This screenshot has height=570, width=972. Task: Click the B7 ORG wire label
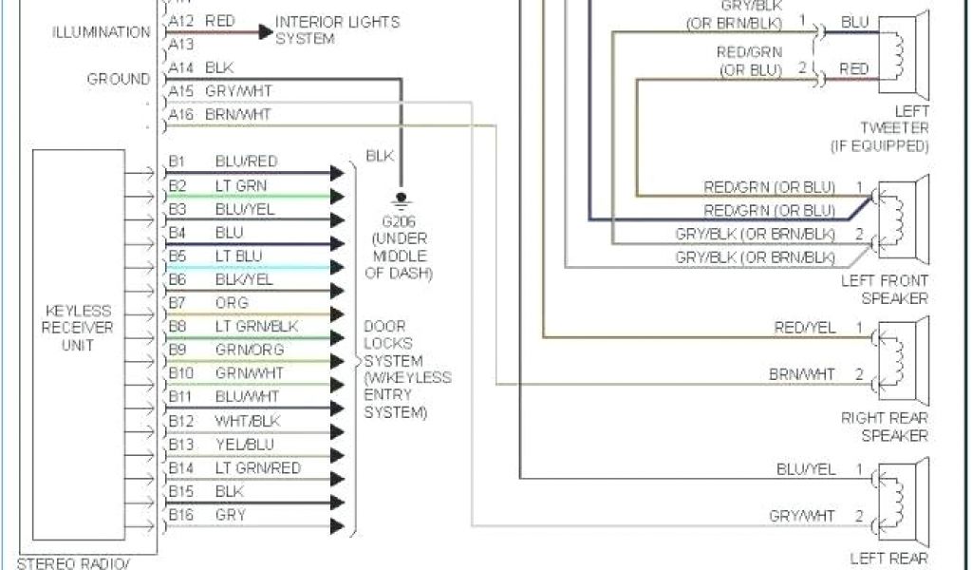click(x=209, y=303)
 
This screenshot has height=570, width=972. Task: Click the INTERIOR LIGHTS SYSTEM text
click(x=337, y=30)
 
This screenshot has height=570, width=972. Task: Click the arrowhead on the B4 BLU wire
click(x=337, y=244)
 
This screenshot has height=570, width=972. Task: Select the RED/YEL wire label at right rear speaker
click(x=805, y=328)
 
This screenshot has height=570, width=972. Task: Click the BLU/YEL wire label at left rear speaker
click(x=805, y=469)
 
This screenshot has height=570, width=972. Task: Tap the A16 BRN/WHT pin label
click(x=219, y=114)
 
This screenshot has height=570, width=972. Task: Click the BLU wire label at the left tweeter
click(x=854, y=22)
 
